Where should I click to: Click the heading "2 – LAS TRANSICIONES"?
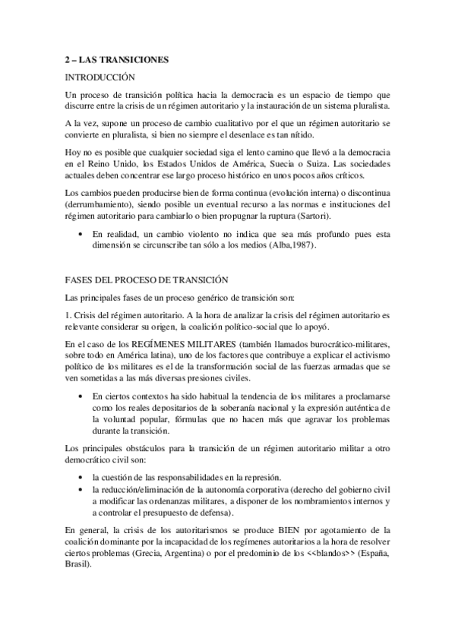click(115, 58)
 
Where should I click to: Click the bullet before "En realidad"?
click(81, 235)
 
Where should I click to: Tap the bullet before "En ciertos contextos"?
click(81, 397)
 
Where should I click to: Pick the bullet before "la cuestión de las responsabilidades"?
click(81, 478)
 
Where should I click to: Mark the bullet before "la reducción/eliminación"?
click(81, 490)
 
